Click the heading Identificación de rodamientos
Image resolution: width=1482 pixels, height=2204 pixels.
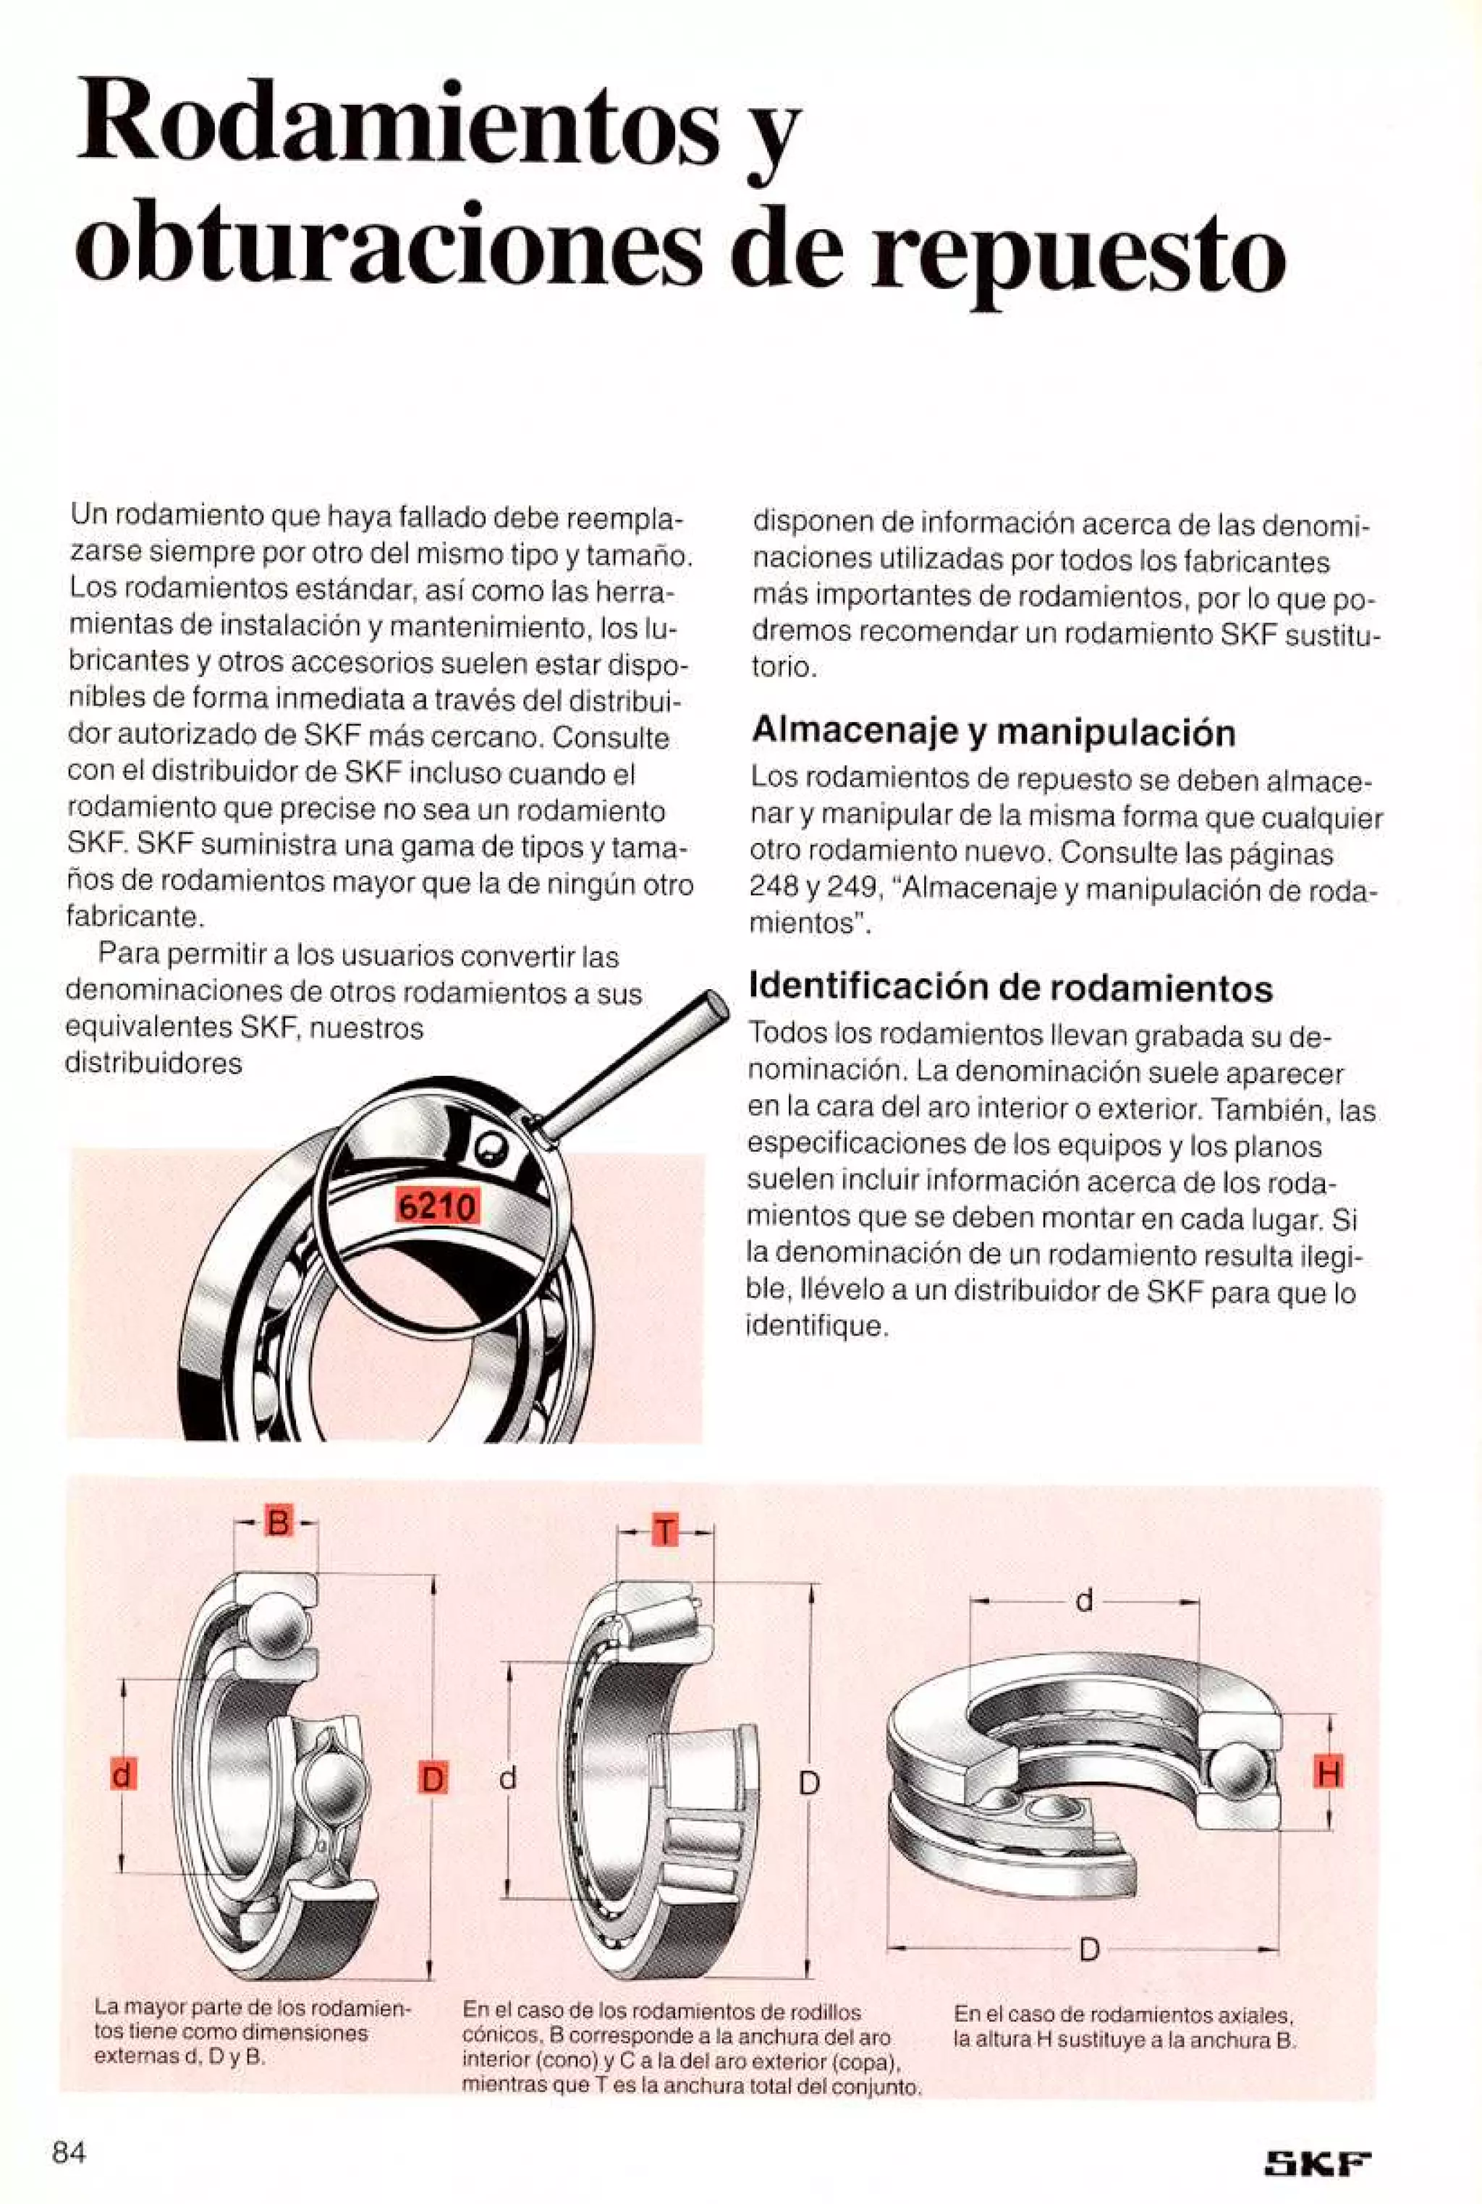[1010, 988]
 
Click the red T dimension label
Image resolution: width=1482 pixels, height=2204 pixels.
[666, 1530]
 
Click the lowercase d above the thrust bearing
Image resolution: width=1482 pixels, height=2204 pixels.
[1084, 1600]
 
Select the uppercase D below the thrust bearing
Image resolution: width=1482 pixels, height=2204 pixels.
[1089, 1949]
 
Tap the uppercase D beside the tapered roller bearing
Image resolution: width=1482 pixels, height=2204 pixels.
[809, 1782]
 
